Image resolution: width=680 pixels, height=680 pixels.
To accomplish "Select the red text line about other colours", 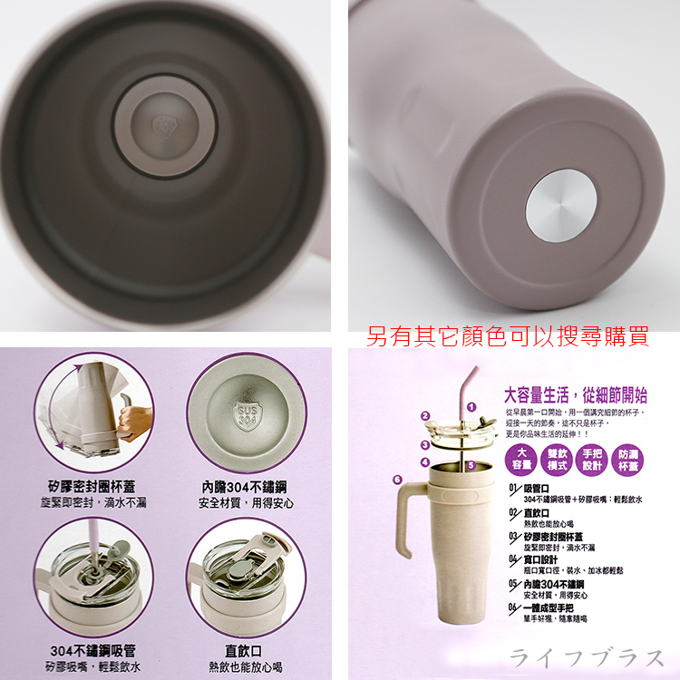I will (507, 337).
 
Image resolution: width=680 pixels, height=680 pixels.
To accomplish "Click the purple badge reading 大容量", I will (522, 460).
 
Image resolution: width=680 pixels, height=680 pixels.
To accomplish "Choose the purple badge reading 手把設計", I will (591, 460).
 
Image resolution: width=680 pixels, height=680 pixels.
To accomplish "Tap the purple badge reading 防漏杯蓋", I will (627, 460).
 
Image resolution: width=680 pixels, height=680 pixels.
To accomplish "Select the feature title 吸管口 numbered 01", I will (536, 489).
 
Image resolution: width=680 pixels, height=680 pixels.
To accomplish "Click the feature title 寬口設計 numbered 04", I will (541, 559).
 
